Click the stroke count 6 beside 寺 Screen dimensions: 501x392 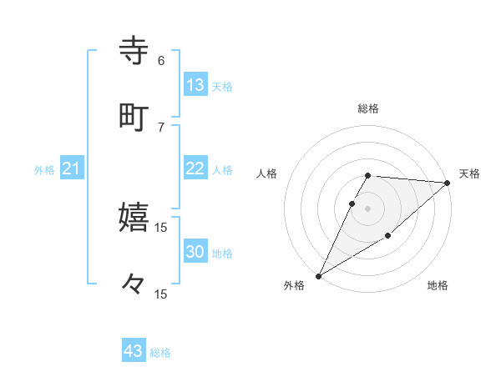tap(161, 61)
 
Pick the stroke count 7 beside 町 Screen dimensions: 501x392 tap(161, 127)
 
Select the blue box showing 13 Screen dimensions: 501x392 tap(195, 85)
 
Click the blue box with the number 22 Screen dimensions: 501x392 tap(195, 168)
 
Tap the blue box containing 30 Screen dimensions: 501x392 tap(195, 252)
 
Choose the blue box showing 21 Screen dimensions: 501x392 tap(72, 169)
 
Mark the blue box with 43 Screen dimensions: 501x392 tap(134, 351)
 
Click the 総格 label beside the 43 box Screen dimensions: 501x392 tap(160, 353)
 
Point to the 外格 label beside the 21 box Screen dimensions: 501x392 tap(44, 170)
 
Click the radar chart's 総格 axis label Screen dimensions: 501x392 tap(367, 108)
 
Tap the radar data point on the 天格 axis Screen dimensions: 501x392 tap(448, 183)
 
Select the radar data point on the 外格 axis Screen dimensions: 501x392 tap(318, 276)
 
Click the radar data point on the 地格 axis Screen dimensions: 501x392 tap(388, 237)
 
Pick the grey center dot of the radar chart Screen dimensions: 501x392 tap(367, 209)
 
